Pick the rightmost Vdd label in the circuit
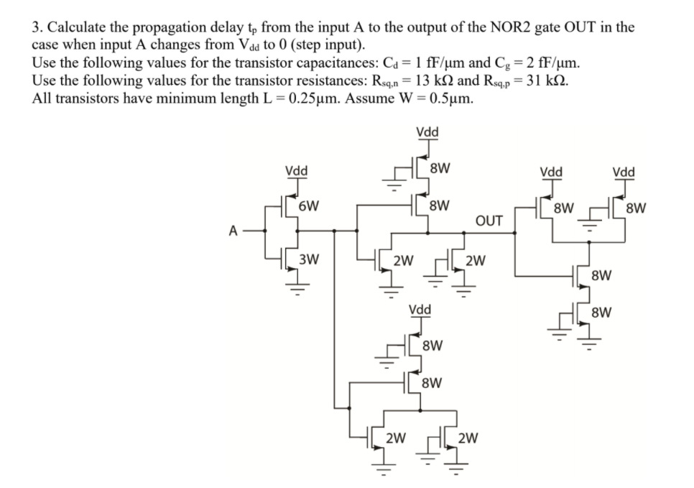[624, 172]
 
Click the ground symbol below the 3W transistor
[292, 286]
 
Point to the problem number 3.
[36, 27]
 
